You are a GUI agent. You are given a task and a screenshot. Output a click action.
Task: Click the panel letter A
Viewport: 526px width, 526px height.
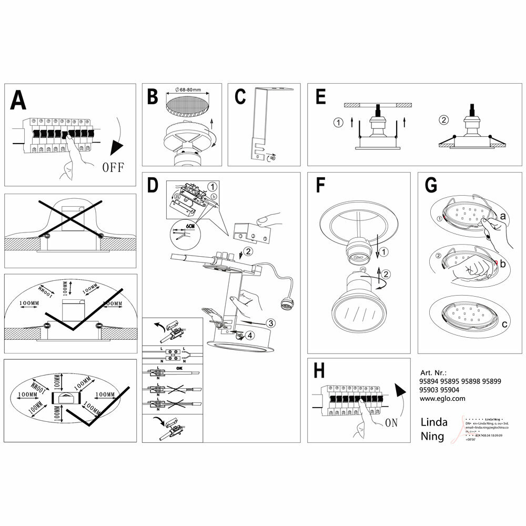pos(19,100)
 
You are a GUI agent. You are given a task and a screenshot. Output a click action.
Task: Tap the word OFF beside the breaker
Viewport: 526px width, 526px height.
pos(112,168)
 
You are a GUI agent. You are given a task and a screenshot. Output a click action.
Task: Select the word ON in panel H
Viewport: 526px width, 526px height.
pos(391,422)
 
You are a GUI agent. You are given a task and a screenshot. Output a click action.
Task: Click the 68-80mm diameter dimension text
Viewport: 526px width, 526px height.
pos(191,90)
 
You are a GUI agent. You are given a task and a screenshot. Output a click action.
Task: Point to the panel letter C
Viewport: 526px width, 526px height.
pos(240,97)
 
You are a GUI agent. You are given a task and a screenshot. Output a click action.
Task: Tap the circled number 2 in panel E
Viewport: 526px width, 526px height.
pos(443,120)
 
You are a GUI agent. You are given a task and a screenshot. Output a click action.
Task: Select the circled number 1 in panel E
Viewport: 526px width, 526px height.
pos(338,123)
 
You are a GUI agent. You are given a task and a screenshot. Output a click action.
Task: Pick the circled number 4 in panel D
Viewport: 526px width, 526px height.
pos(249,335)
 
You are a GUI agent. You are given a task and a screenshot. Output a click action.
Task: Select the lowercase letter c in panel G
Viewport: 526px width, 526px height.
pos(504,324)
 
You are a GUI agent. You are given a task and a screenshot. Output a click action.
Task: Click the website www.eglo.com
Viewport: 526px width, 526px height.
pos(442,398)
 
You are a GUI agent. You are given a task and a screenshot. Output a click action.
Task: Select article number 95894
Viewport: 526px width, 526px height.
pos(430,381)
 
